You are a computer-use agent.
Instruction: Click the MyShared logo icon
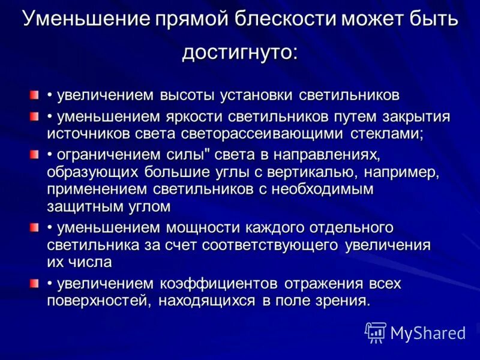[375, 332]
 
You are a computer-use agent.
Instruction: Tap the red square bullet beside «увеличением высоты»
[35, 95]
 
